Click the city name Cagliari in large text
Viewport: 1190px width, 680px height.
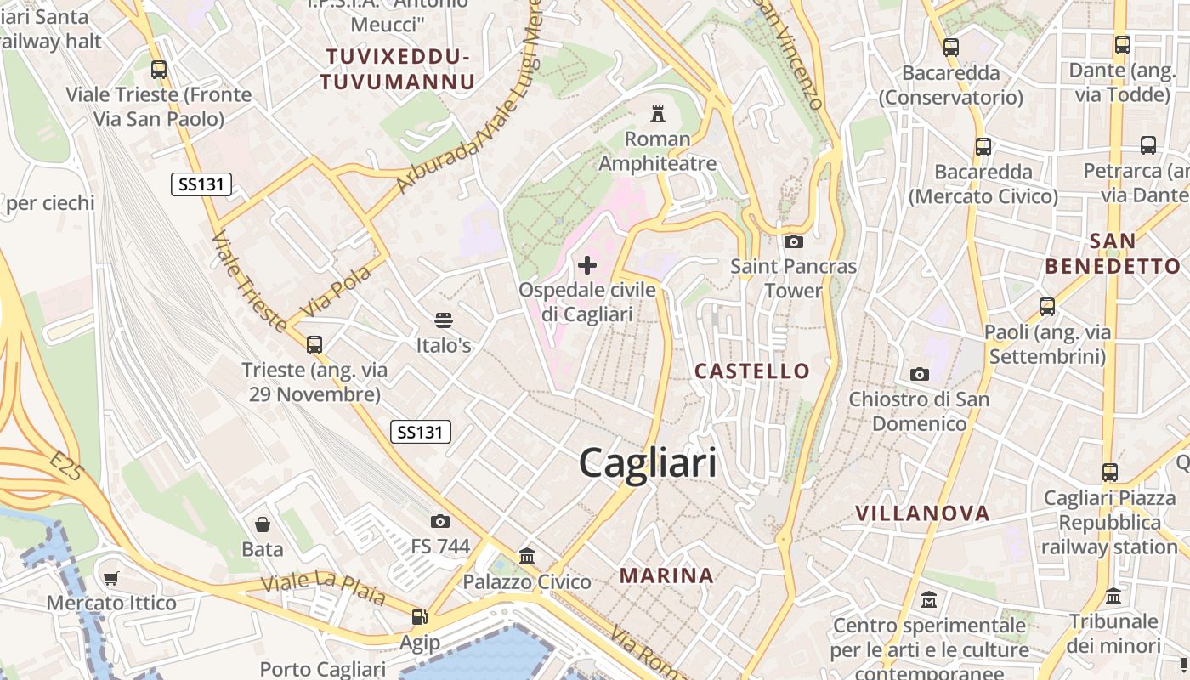[x=648, y=463]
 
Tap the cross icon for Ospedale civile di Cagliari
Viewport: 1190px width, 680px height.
[x=587, y=265]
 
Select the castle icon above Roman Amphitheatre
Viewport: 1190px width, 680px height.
[x=657, y=113]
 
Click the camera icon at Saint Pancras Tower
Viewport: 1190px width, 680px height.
[x=793, y=242]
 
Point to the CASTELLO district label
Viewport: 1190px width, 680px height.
[x=752, y=371]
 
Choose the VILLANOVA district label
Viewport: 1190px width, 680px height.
[x=922, y=513]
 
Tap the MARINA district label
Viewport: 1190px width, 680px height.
[x=666, y=575]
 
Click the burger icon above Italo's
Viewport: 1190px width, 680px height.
[x=443, y=320]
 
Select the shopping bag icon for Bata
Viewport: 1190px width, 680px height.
[x=263, y=524]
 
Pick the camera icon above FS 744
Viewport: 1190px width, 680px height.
[x=440, y=521]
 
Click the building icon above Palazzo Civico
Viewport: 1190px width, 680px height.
[x=527, y=557]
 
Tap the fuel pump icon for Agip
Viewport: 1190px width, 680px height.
[x=419, y=617]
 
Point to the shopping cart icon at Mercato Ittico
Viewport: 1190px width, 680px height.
[x=111, y=579]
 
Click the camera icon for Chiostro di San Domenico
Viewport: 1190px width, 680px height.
[x=919, y=374]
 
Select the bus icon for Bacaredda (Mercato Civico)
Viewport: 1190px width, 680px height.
[x=983, y=147]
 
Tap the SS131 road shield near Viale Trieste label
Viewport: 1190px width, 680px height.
[x=201, y=184]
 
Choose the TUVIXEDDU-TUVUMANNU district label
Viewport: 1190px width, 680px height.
[x=397, y=70]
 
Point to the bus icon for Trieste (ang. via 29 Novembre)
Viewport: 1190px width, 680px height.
[x=314, y=345]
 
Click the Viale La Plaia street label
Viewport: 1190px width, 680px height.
[x=323, y=588]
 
